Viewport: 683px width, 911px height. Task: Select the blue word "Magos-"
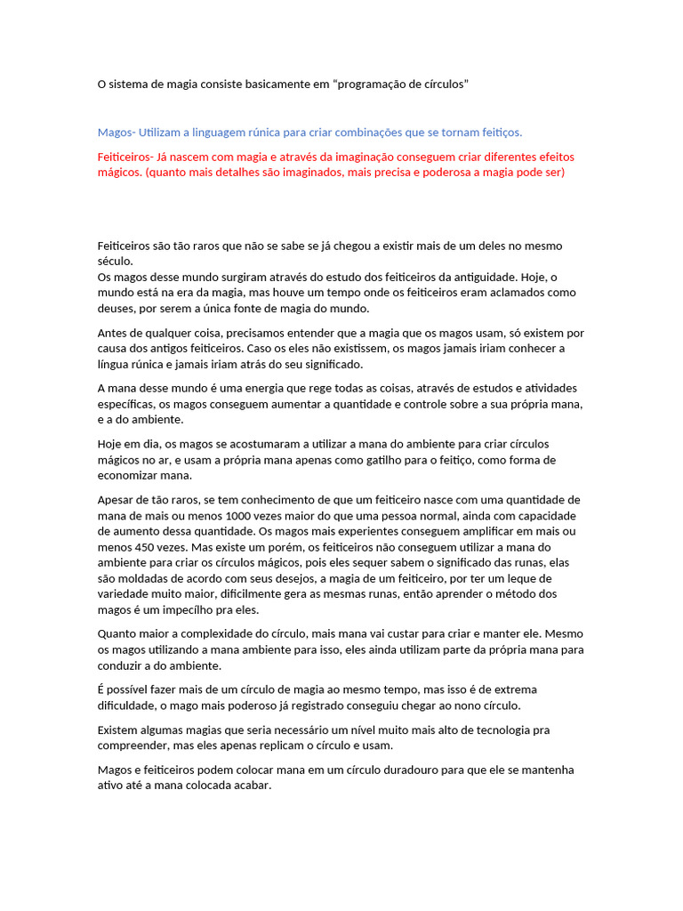tap(117, 133)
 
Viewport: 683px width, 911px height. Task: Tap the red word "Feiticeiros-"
tap(127, 157)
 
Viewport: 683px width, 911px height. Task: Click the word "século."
tap(116, 262)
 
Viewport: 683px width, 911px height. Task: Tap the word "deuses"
tap(116, 309)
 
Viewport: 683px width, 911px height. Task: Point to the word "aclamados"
tap(520, 293)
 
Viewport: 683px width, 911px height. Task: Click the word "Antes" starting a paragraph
tap(112, 333)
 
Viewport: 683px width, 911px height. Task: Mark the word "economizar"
tap(127, 476)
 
